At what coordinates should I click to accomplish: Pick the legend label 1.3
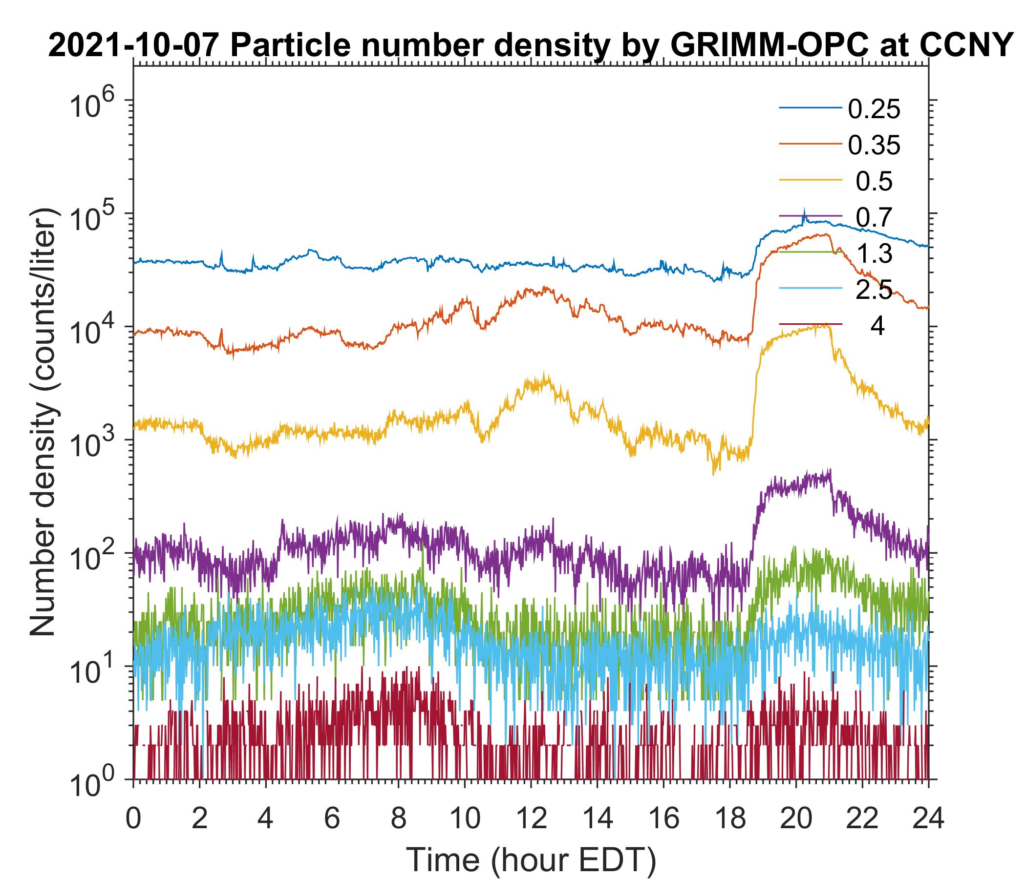(x=874, y=254)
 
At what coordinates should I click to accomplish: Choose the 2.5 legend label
(x=874, y=290)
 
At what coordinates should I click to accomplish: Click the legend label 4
(x=877, y=327)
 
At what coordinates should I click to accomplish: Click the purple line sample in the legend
(x=811, y=216)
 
